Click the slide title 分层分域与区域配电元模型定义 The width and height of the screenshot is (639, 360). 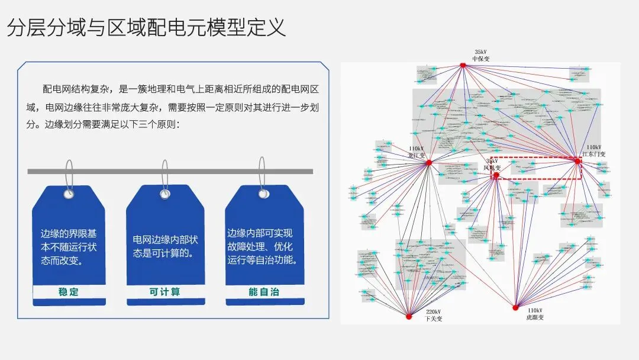tap(146, 28)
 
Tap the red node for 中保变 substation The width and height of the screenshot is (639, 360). tap(464, 65)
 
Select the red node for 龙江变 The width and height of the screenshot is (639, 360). tap(429, 162)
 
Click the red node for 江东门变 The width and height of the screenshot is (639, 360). tap(577, 160)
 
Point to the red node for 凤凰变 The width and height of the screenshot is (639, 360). tap(496, 175)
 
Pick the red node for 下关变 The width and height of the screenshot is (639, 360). tap(408, 317)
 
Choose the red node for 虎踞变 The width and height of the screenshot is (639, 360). tap(515, 307)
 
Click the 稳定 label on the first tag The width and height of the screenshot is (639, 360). tap(69, 292)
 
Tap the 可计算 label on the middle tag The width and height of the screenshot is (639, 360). tap(164, 292)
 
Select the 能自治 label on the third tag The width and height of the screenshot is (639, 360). tap(264, 292)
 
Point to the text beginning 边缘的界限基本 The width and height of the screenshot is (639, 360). tap(69, 247)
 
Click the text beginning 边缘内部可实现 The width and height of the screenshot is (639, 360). tap(263, 246)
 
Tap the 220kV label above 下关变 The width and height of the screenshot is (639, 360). tap(433, 311)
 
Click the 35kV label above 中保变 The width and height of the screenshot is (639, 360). tap(481, 52)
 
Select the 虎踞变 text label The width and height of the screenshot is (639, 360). tap(534, 318)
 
